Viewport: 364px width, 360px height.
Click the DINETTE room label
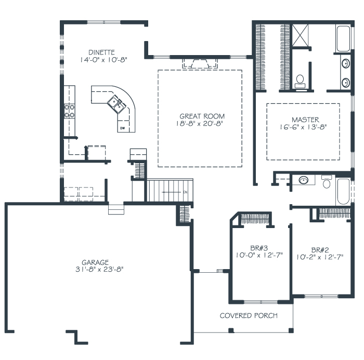coord(102,52)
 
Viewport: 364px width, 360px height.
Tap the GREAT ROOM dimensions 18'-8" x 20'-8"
coord(200,124)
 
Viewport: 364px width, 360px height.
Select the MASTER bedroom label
coord(305,119)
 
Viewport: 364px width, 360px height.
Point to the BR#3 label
coord(259,248)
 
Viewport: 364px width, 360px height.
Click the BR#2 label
coord(320,250)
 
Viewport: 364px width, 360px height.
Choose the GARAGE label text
coord(95,262)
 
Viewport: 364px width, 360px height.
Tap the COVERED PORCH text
coord(249,315)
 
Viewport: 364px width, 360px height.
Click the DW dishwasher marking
coord(122,128)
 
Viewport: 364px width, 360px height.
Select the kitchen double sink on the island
coord(116,104)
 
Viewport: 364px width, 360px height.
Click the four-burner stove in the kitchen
coord(69,111)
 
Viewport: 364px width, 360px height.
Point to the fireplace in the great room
coord(200,63)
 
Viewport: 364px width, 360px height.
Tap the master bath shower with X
coord(300,35)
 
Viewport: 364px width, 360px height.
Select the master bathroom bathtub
coord(343,38)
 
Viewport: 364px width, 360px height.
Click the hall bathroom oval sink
coord(303,180)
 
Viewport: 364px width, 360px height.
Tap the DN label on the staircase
coord(185,192)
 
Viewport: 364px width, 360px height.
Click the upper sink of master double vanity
coord(346,63)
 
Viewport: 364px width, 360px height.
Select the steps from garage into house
coord(116,209)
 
